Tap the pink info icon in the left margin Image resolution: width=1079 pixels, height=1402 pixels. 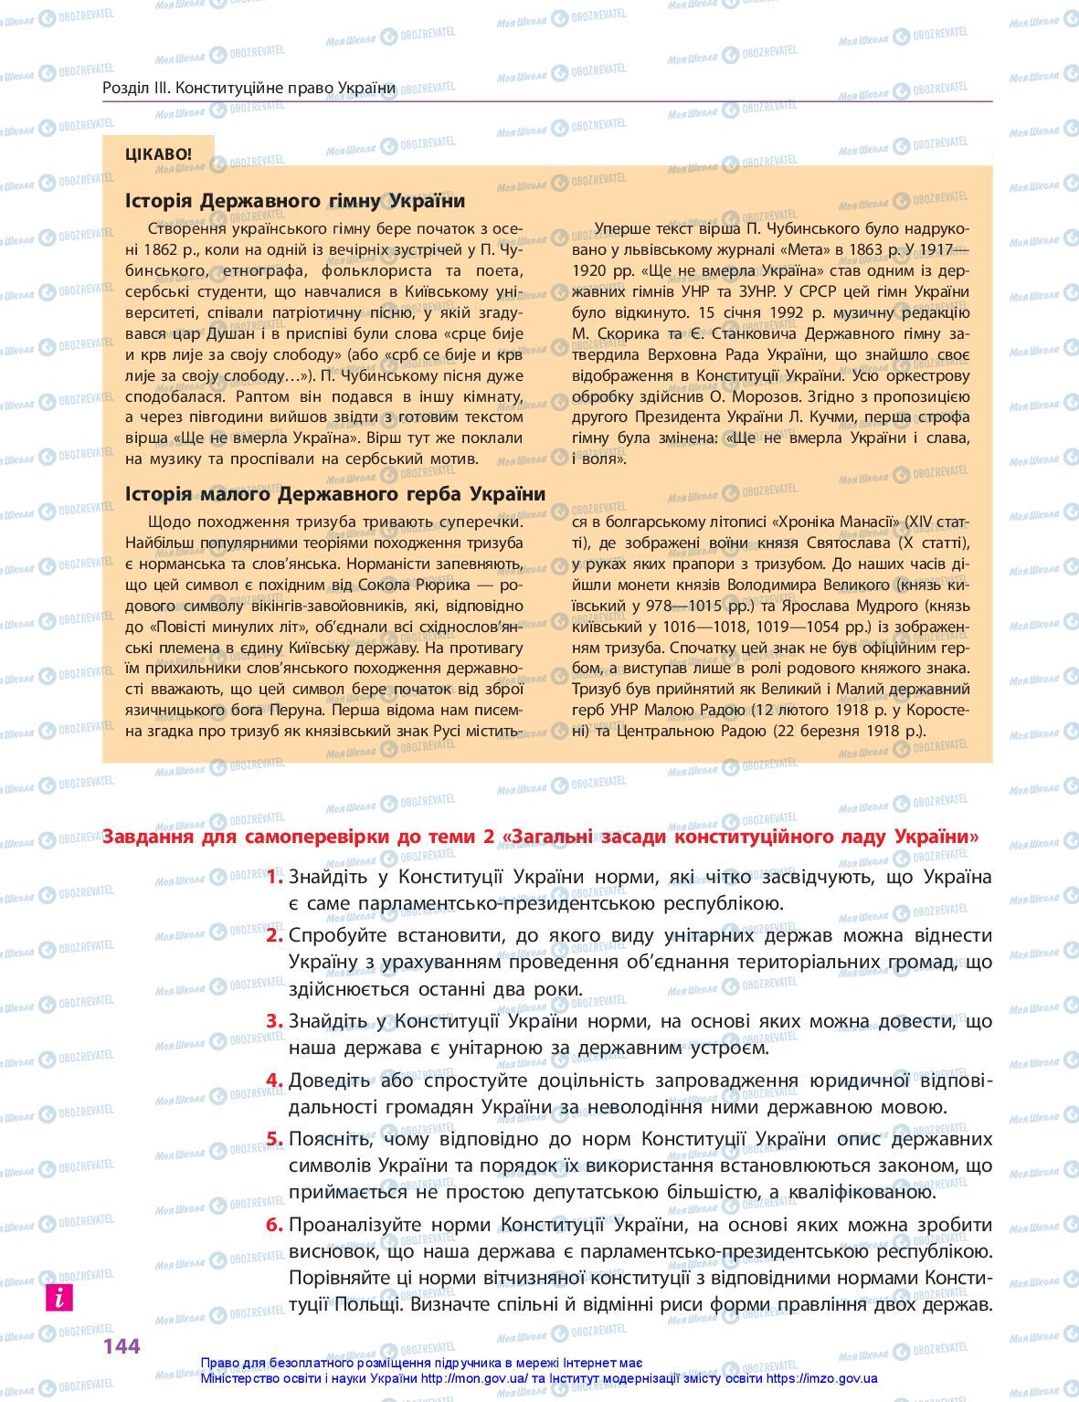click(58, 1297)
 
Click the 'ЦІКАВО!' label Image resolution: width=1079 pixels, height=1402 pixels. click(159, 153)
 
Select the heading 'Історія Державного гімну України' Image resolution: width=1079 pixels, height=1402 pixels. click(295, 201)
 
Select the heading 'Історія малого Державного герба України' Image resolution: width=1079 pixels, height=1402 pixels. click(335, 494)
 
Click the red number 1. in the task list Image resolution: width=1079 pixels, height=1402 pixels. click(275, 877)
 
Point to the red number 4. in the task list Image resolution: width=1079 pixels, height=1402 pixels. click(275, 1080)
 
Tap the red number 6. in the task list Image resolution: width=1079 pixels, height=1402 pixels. click(275, 1225)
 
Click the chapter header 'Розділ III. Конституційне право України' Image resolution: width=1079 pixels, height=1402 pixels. click(249, 88)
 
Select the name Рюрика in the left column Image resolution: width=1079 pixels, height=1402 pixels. click(440, 585)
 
